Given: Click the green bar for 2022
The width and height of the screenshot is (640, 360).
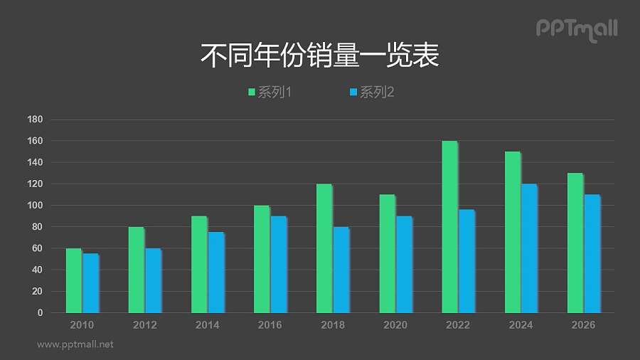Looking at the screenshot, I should pyautogui.click(x=449, y=227).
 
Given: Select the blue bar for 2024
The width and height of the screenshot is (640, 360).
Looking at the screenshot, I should pyautogui.click(x=529, y=248).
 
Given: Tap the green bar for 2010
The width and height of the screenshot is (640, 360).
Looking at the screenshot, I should pyautogui.click(x=74, y=280).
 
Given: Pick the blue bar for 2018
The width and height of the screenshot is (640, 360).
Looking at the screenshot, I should pyautogui.click(x=341, y=270).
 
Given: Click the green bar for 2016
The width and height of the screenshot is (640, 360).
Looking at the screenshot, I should pyautogui.click(x=262, y=259).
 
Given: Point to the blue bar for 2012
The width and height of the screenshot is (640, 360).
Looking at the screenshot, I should pyautogui.click(x=153, y=280).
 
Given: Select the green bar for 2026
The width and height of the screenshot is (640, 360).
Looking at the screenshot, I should pyautogui.click(x=575, y=243).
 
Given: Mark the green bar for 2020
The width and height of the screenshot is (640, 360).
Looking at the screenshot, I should pyautogui.click(x=387, y=253).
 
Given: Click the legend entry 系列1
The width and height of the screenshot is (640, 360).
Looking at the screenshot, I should pyautogui.click(x=270, y=92).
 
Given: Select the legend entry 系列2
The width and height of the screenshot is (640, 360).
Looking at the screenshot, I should pyautogui.click(x=371, y=92).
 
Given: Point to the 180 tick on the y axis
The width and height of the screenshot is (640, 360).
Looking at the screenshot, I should pyautogui.click(x=35, y=120).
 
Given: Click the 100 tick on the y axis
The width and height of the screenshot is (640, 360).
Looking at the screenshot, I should pyautogui.click(x=35, y=206).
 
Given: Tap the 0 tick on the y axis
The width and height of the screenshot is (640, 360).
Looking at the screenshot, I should pyautogui.click(x=40, y=313).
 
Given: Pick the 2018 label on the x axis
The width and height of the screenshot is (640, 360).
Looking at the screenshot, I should pyautogui.click(x=333, y=325).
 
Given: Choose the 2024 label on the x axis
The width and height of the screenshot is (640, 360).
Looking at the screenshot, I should pyautogui.click(x=521, y=325).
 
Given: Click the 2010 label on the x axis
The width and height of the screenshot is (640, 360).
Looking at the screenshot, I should pyautogui.click(x=82, y=325).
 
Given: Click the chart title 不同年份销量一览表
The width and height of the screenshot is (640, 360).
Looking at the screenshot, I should pyautogui.click(x=320, y=56).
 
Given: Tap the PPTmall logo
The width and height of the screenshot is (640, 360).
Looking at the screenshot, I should pyautogui.click(x=576, y=29).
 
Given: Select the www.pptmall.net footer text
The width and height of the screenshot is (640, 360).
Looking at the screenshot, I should pyautogui.click(x=75, y=344).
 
